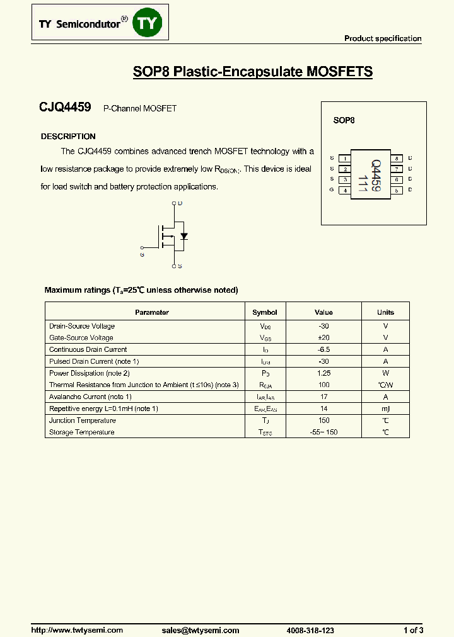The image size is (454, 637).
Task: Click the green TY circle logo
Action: point(150,23)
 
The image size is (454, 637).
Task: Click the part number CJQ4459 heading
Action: point(65,108)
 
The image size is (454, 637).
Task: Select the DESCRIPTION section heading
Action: point(68,137)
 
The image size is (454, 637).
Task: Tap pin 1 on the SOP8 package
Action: point(345,159)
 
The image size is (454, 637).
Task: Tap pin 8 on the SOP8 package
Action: point(397,159)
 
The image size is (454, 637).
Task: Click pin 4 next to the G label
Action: point(345,190)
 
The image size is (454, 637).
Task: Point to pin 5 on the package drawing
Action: point(397,190)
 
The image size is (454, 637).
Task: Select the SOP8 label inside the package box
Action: point(344,120)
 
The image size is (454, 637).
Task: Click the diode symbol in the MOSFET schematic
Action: point(184,237)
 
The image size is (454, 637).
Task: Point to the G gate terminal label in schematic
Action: point(142,254)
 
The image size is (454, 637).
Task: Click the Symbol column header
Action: point(265,312)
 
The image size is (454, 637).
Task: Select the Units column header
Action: point(385,312)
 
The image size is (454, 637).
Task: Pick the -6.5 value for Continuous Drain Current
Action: point(323,349)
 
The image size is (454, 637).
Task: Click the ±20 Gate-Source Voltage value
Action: point(323,338)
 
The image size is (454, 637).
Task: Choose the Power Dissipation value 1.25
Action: point(323,373)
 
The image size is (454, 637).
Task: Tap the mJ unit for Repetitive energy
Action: point(385,409)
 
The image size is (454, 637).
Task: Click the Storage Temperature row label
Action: point(82,432)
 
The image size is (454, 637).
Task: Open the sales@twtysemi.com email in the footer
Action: point(201,630)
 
